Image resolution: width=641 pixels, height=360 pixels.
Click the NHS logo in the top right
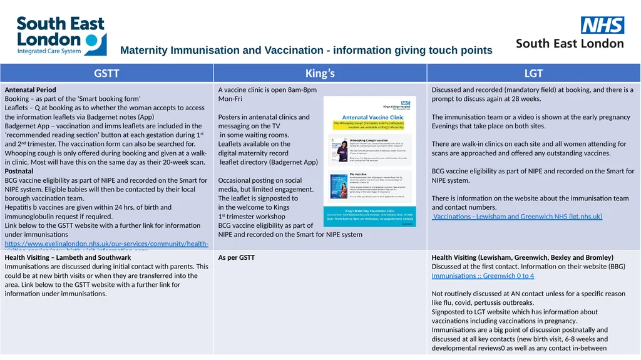[x=602, y=25]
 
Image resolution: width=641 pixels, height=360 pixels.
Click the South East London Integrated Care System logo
[x=61, y=36]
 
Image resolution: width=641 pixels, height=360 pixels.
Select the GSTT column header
[x=106, y=73]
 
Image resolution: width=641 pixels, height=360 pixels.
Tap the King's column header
[x=320, y=73]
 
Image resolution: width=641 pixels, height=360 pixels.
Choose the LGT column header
[x=533, y=73]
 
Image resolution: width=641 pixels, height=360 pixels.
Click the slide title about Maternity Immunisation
[x=306, y=50]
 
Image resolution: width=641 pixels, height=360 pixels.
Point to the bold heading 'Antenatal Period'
[x=30, y=90]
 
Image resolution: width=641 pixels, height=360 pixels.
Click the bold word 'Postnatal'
[x=19, y=171]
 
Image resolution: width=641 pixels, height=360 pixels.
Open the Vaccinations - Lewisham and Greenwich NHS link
[x=517, y=217]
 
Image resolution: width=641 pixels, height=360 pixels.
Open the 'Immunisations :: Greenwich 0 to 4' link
[x=483, y=275]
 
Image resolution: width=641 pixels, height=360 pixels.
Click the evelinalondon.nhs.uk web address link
[x=106, y=244]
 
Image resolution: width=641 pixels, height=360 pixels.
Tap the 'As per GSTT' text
[x=236, y=257]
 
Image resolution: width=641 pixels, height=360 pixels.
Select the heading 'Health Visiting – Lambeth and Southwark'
[x=68, y=257]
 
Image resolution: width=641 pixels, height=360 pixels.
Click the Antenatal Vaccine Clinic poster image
[x=369, y=161]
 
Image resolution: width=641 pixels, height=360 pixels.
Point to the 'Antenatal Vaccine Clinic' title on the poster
[x=372, y=117]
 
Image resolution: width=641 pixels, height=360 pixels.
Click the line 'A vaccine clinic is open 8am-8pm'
[x=267, y=90]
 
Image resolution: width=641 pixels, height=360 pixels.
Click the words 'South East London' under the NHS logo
[x=570, y=44]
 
